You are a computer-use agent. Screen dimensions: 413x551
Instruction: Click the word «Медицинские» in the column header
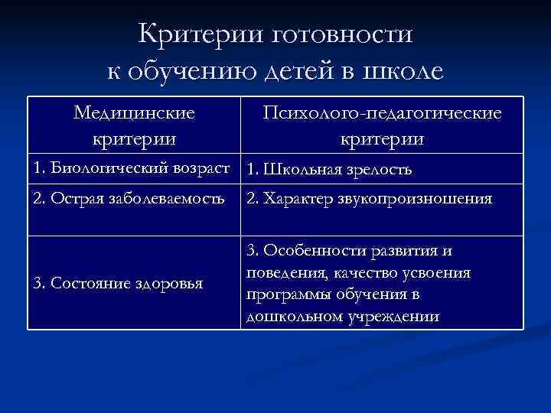click(x=134, y=113)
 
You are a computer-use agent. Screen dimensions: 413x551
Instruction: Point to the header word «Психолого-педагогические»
click(x=382, y=113)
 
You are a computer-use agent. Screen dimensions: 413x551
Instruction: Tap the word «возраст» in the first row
click(x=197, y=167)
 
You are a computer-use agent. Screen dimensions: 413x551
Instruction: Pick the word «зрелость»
click(x=380, y=169)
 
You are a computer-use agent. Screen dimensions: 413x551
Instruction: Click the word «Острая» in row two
click(x=72, y=200)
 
